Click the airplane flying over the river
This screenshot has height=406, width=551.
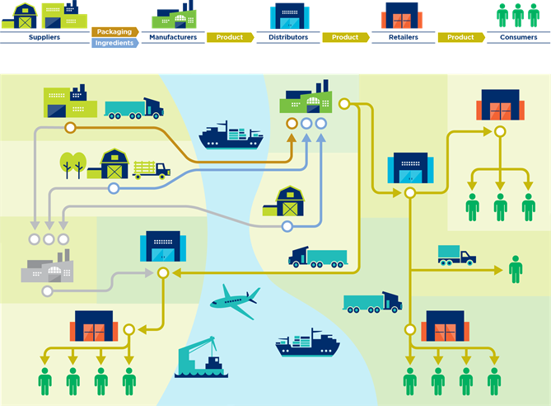pyautogui.click(x=234, y=301)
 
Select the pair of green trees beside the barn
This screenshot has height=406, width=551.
pyautogui.click(x=72, y=164)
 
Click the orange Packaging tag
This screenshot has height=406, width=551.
pyautogui.click(x=114, y=32)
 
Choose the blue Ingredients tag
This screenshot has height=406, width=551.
pyautogui.click(x=114, y=43)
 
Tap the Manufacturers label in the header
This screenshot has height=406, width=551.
pyautogui.click(x=174, y=37)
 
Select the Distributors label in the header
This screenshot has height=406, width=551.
pyautogui.click(x=289, y=37)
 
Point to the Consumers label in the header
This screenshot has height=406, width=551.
pyautogui.click(x=519, y=37)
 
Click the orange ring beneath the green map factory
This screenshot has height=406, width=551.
pyautogui.click(x=291, y=123)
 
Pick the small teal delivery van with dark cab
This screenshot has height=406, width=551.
pyautogui.click(x=456, y=255)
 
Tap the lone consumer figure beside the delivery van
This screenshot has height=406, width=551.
pyautogui.click(x=516, y=269)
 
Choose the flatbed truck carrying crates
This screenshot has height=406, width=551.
pyautogui.click(x=151, y=169)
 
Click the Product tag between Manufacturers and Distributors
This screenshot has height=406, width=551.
pyautogui.click(x=230, y=37)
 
